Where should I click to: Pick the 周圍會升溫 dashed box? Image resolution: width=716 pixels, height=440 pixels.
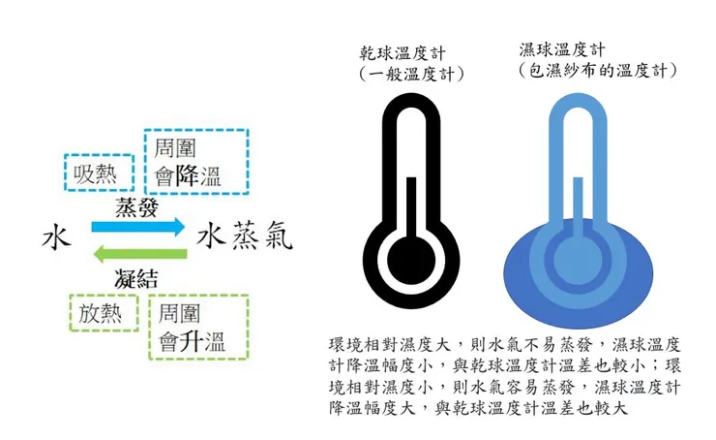coord(199,327)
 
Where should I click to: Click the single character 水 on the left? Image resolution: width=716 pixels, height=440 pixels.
coord(56,237)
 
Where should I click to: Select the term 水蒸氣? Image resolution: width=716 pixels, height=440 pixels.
coord(244,237)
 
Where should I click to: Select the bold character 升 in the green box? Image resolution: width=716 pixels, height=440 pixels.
coord(191,341)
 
